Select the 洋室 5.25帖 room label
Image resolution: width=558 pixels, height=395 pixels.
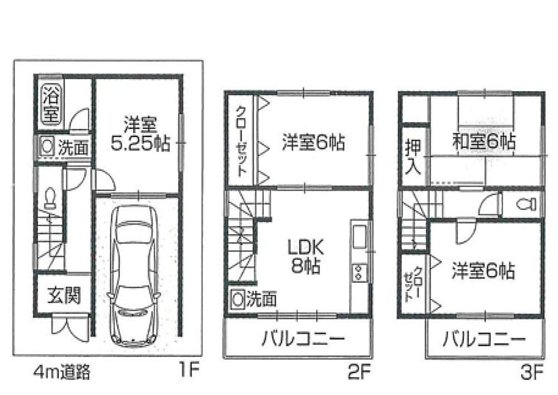coord(141,134)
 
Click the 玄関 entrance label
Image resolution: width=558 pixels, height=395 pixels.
coord(64,295)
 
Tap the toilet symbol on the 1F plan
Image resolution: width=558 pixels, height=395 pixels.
coord(50,198)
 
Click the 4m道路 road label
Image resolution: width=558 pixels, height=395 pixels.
coord(62,372)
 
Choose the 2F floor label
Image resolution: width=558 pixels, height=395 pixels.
coord(360,373)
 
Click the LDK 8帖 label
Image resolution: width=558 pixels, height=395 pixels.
coord(306,256)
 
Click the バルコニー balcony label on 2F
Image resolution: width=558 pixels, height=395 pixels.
coord(304,338)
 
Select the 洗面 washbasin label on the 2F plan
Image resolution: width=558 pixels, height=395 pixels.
coord(262,299)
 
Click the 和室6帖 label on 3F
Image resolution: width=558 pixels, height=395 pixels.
coord(484,141)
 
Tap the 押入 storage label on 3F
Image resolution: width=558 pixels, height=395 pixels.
coord(413,156)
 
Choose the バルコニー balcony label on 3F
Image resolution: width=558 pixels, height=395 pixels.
coord(484,339)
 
